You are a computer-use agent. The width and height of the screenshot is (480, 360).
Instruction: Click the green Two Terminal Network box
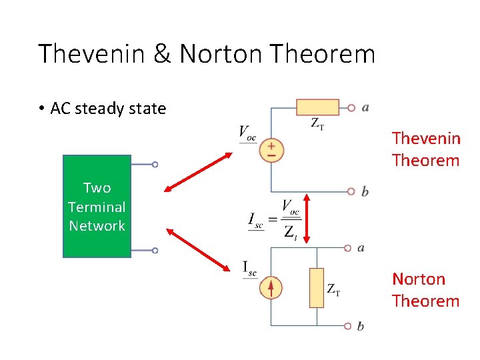[x=97, y=206]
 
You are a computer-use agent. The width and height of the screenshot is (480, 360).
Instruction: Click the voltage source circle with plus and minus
[x=271, y=149]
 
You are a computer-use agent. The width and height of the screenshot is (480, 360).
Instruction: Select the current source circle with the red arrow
[x=271, y=288]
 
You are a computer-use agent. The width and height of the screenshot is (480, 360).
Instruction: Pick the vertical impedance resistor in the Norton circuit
[x=317, y=287]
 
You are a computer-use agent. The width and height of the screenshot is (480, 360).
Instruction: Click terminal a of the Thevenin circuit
[x=351, y=107]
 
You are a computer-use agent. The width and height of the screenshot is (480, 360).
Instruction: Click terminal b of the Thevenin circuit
[x=351, y=191]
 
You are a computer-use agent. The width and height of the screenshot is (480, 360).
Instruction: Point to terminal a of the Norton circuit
[x=347, y=248]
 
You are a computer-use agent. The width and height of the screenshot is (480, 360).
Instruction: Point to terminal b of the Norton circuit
[x=347, y=326]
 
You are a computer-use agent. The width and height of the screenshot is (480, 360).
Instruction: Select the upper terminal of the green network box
[x=155, y=164]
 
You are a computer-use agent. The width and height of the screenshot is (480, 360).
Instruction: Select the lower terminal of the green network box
[x=155, y=251]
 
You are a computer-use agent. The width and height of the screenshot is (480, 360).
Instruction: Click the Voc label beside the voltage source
[x=247, y=132]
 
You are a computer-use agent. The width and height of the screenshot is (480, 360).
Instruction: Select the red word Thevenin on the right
[x=426, y=138]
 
